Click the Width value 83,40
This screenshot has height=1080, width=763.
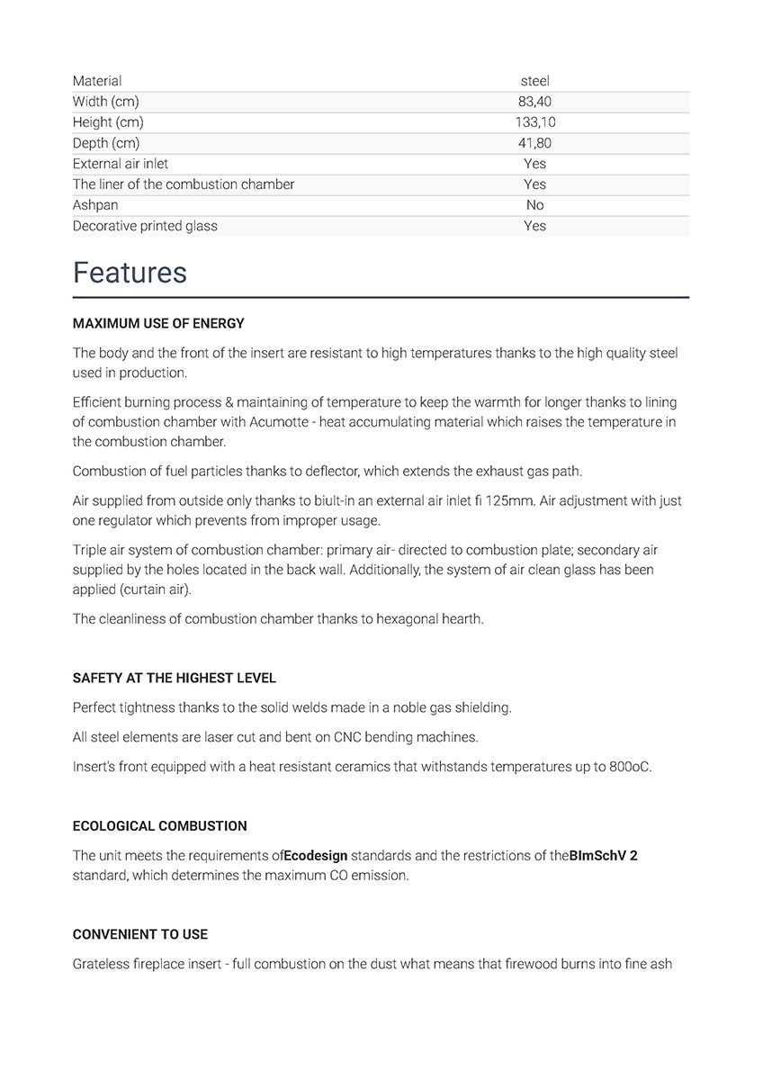tap(534, 102)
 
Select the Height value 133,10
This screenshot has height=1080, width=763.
tap(534, 122)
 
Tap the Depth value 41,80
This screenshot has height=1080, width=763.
tap(534, 143)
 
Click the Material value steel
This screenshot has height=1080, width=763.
tap(534, 81)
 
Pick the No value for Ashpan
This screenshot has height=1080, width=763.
tap(534, 205)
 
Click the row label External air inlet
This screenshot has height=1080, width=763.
tap(121, 164)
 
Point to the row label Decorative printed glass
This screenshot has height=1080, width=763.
tap(145, 226)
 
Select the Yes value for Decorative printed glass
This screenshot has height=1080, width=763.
tap(534, 226)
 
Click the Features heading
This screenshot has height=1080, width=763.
tap(130, 273)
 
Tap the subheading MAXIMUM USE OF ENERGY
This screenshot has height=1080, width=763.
tap(158, 323)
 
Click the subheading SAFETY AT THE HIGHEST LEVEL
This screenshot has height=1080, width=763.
tap(175, 678)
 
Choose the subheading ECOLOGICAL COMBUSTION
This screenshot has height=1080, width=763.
tap(159, 825)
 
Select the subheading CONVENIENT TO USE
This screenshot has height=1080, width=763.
tap(140, 934)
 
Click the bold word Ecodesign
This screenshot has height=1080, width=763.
tap(316, 855)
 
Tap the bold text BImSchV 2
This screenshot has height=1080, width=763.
tap(603, 855)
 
